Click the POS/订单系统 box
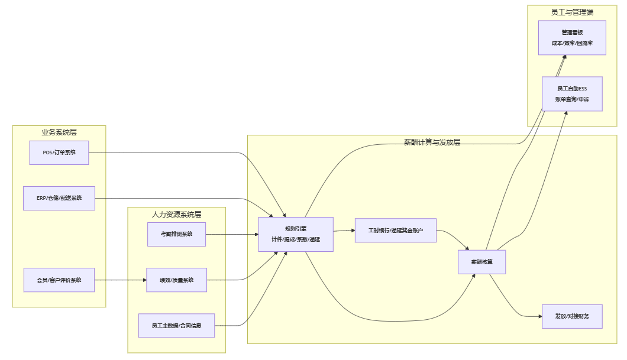click(x=59, y=153)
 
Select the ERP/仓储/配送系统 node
click(x=59, y=198)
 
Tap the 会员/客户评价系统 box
click(x=59, y=280)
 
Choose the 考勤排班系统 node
click(x=176, y=234)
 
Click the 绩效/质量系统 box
click(x=176, y=280)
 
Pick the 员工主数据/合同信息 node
click(x=176, y=325)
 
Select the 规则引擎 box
click(x=295, y=234)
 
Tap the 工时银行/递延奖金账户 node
click(x=395, y=230)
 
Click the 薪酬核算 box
click(x=481, y=262)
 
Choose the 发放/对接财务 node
click(x=572, y=316)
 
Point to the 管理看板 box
click(x=572, y=37)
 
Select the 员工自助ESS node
click(x=572, y=93)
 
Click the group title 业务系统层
click(x=59, y=132)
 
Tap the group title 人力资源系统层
click(x=176, y=213)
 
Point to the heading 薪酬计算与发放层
click(x=432, y=142)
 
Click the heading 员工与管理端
click(x=571, y=11)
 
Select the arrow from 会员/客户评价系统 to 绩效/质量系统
click(x=121, y=280)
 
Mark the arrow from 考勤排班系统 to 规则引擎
click(x=232, y=235)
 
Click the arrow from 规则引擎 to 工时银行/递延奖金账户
click(x=344, y=231)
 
